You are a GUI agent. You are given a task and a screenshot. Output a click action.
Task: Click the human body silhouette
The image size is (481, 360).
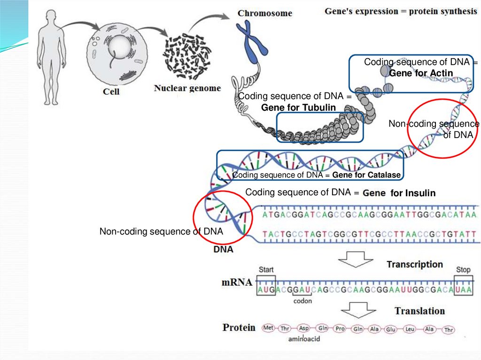coord(52,57)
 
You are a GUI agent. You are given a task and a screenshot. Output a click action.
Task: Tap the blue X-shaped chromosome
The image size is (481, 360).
coord(252,38)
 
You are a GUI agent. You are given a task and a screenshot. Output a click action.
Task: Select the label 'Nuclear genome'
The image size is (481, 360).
coord(187,88)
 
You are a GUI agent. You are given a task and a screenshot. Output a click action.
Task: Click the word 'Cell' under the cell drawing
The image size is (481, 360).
coord(111,92)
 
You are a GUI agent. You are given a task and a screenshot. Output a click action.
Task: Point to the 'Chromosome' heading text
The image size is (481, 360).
coord(265,13)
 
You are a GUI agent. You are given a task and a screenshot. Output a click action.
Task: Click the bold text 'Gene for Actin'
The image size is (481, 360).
coord(421,73)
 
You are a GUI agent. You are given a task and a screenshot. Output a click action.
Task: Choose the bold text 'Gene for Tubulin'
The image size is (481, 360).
coord(298,107)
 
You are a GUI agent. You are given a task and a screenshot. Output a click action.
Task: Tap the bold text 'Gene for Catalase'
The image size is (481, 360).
coord(366,175)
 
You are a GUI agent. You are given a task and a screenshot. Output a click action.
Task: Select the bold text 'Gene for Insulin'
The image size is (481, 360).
coord(399,193)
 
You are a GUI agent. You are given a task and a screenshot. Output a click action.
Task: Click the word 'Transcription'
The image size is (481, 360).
coord(414,264)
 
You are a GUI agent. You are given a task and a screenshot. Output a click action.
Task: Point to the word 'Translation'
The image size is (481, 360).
coord(419,311)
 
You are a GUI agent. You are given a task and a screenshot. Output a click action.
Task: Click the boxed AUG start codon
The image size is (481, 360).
coord(266,285)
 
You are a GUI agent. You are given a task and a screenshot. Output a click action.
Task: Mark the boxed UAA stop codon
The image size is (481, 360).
coord(464,285)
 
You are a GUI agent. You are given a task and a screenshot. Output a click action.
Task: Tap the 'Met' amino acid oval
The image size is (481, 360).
coord(268,328)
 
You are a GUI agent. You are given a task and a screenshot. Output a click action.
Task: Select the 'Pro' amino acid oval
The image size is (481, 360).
coord(340,329)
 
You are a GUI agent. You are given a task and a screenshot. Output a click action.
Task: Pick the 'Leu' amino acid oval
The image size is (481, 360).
coord(410,329)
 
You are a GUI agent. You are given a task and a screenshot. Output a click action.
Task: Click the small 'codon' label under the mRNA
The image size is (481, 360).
coord(303,301)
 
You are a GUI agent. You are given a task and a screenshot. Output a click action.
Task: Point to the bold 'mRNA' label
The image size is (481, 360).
coord(237,282)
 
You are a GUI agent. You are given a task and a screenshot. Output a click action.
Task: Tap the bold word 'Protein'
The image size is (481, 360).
coord(239,328)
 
